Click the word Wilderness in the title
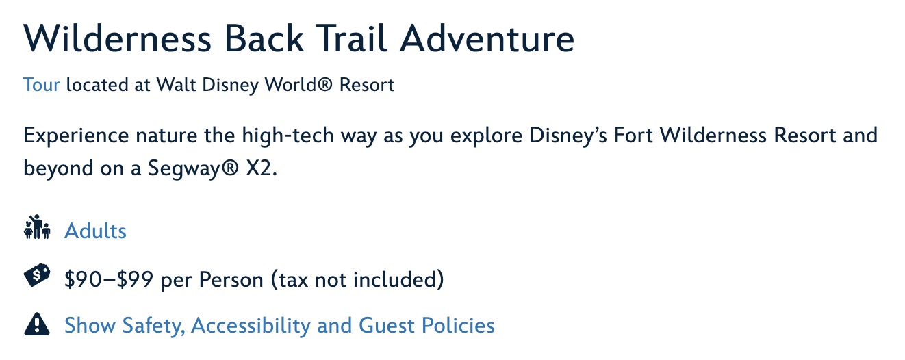coord(117,39)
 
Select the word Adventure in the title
coord(487,39)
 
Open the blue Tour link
coord(42,85)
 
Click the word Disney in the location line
coord(230,86)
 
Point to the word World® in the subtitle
coord(298,85)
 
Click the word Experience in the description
coord(77,136)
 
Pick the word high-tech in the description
coord(288,136)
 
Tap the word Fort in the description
coord(633,136)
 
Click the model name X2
coord(262,168)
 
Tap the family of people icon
coord(37,227)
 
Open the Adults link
coord(95,231)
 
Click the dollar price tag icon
coord(37,275)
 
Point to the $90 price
coord(83,280)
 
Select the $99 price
coord(135,280)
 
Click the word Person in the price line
coord(231,280)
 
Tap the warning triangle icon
coord(37,324)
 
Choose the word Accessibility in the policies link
coord(251,326)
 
